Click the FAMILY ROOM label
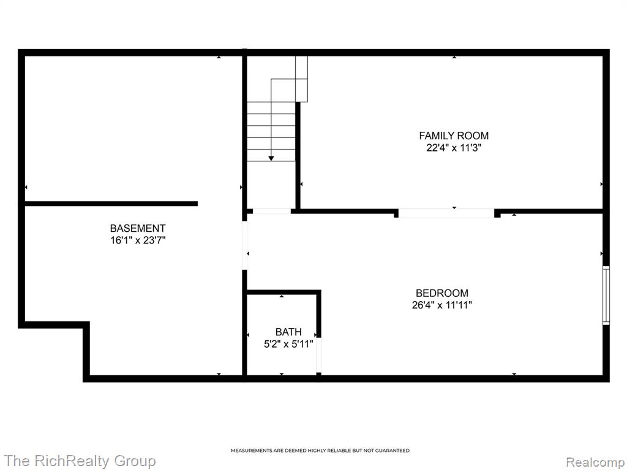pyautogui.click(x=454, y=136)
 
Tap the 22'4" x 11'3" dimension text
pyautogui.click(x=454, y=148)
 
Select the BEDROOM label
pyautogui.click(x=442, y=293)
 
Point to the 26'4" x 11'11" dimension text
pyautogui.click(x=442, y=305)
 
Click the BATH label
pyautogui.click(x=288, y=332)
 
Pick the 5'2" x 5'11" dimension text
pyautogui.click(x=288, y=344)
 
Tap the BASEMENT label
pyautogui.click(x=138, y=228)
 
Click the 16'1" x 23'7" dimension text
pyautogui.click(x=138, y=240)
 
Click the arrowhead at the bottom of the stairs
pyautogui.click(x=271, y=159)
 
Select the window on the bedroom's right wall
pyautogui.click(x=606, y=295)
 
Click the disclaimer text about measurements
pyautogui.click(x=320, y=451)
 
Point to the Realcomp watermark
pyautogui.click(x=595, y=462)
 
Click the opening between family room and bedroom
pyautogui.click(x=446, y=213)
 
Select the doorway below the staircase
pyautogui.click(x=272, y=211)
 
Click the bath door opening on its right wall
pyautogui.click(x=318, y=355)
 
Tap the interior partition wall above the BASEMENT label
pyautogui.click(x=111, y=204)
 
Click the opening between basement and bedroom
pyautogui.click(x=245, y=245)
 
